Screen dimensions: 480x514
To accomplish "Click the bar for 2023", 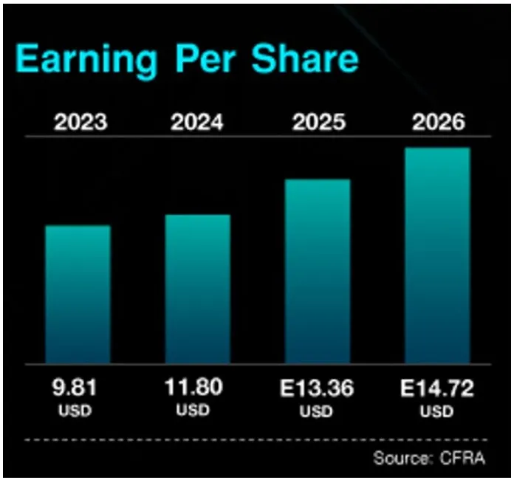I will click(78, 294).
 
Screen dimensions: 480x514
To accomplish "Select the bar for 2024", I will click(197, 289).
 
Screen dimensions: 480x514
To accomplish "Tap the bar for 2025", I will click(318, 271).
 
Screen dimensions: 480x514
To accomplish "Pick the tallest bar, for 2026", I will click(437, 256).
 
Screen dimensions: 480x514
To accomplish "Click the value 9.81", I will click(74, 386).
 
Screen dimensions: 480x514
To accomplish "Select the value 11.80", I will click(194, 386).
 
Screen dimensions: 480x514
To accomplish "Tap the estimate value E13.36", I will click(315, 386).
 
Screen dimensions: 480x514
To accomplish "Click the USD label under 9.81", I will click(74, 410).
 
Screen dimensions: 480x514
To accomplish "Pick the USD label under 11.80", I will click(194, 410).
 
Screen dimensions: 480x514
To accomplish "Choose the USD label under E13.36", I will click(315, 411).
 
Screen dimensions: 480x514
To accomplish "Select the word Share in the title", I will click(304, 58).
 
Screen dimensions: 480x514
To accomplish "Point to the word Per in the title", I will click(204, 58).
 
